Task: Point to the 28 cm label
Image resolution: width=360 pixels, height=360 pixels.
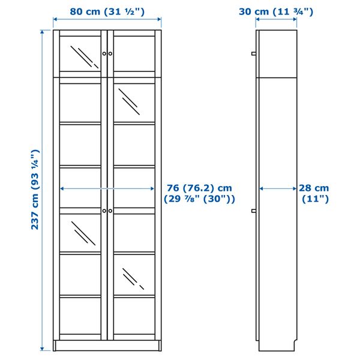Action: tap(314, 188)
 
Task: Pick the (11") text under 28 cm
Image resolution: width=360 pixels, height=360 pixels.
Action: tap(314, 199)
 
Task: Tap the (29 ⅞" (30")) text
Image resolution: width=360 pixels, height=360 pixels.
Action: tap(199, 199)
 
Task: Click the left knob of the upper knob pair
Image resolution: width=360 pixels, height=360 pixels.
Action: tap(104, 53)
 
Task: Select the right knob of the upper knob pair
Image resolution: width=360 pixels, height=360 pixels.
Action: tap(110, 53)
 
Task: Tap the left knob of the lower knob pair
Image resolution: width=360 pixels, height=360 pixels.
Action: tap(104, 211)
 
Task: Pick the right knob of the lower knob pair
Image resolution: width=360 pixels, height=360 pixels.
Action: tap(110, 211)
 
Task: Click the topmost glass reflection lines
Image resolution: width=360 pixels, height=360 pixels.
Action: tap(83, 56)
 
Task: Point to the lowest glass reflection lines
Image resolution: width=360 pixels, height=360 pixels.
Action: tap(133, 279)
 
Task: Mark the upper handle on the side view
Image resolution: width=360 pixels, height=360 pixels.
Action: tap(254, 53)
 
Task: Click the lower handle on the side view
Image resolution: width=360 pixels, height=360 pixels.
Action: tap(254, 211)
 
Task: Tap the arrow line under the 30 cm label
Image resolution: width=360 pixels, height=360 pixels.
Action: tap(276, 20)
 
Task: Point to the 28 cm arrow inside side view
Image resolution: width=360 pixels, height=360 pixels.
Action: tap(278, 188)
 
